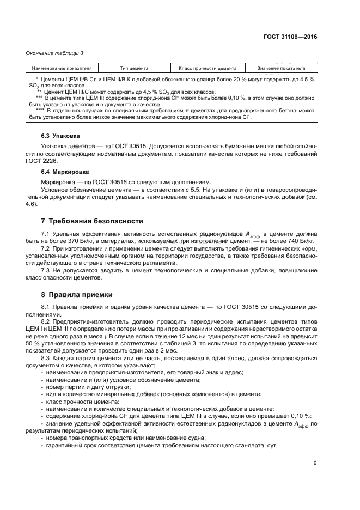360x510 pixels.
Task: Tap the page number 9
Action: (x=315, y=463)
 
